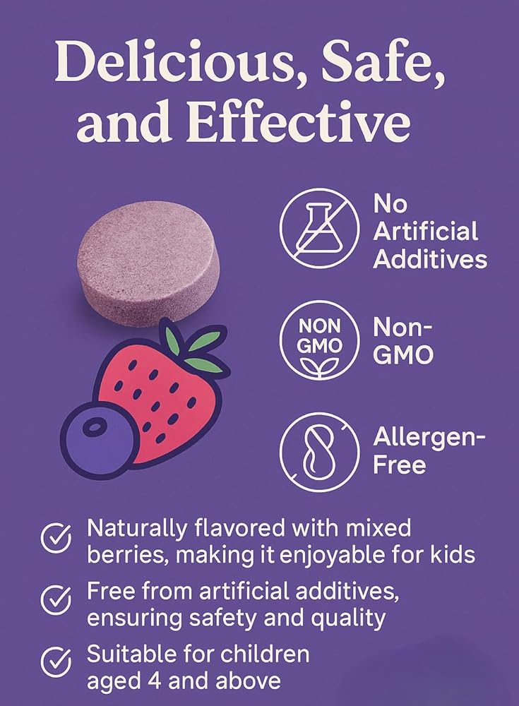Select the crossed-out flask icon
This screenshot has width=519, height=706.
point(319,228)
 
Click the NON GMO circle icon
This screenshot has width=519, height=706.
point(319,340)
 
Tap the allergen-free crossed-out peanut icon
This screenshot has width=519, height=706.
point(319,452)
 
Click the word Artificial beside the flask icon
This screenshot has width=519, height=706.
point(425,232)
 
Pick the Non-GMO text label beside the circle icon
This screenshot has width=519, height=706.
point(403,341)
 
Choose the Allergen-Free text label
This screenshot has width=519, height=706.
point(429,451)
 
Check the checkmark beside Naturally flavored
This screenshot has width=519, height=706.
point(56,539)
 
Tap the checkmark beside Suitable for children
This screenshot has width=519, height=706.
point(56,663)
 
